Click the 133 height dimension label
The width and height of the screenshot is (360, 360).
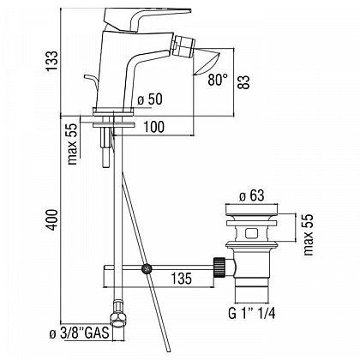coord(52,62)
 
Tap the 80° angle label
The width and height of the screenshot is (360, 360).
coord(218,80)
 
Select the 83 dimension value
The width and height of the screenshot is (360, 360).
coord(244,82)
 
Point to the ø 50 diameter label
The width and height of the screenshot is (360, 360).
coord(149,99)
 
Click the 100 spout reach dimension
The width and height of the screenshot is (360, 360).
coord(153,127)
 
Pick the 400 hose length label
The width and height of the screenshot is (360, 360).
coord(52,219)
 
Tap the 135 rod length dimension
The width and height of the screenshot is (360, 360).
coord(182,278)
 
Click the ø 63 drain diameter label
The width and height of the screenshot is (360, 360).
coord(252,196)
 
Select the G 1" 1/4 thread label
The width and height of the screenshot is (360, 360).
coord(252,314)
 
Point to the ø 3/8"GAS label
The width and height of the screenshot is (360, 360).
coord(79,333)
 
